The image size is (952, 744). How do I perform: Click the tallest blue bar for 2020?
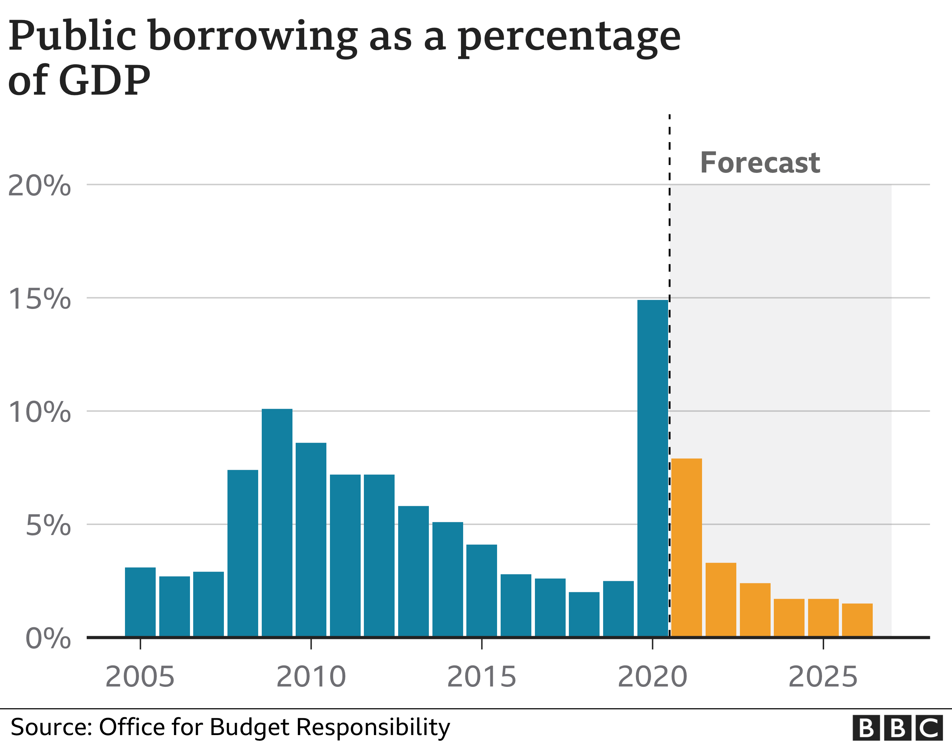click(652, 469)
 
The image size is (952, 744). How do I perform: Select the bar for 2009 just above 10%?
click(277, 523)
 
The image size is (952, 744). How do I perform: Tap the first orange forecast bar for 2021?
click(687, 548)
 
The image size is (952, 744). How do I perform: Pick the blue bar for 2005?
click(140, 602)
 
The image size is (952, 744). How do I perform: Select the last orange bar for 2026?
click(857, 620)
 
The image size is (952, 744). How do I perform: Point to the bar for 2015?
click(482, 591)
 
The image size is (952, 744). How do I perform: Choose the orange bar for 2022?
click(721, 600)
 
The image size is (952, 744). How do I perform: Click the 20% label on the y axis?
click(39, 186)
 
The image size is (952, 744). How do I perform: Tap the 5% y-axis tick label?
click(48, 525)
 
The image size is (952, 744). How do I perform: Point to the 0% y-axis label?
click(48, 639)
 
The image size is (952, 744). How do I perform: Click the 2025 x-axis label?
click(823, 677)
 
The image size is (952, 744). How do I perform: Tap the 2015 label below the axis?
click(482, 677)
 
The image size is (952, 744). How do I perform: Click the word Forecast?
click(760, 163)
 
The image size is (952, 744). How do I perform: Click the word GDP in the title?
click(104, 80)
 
